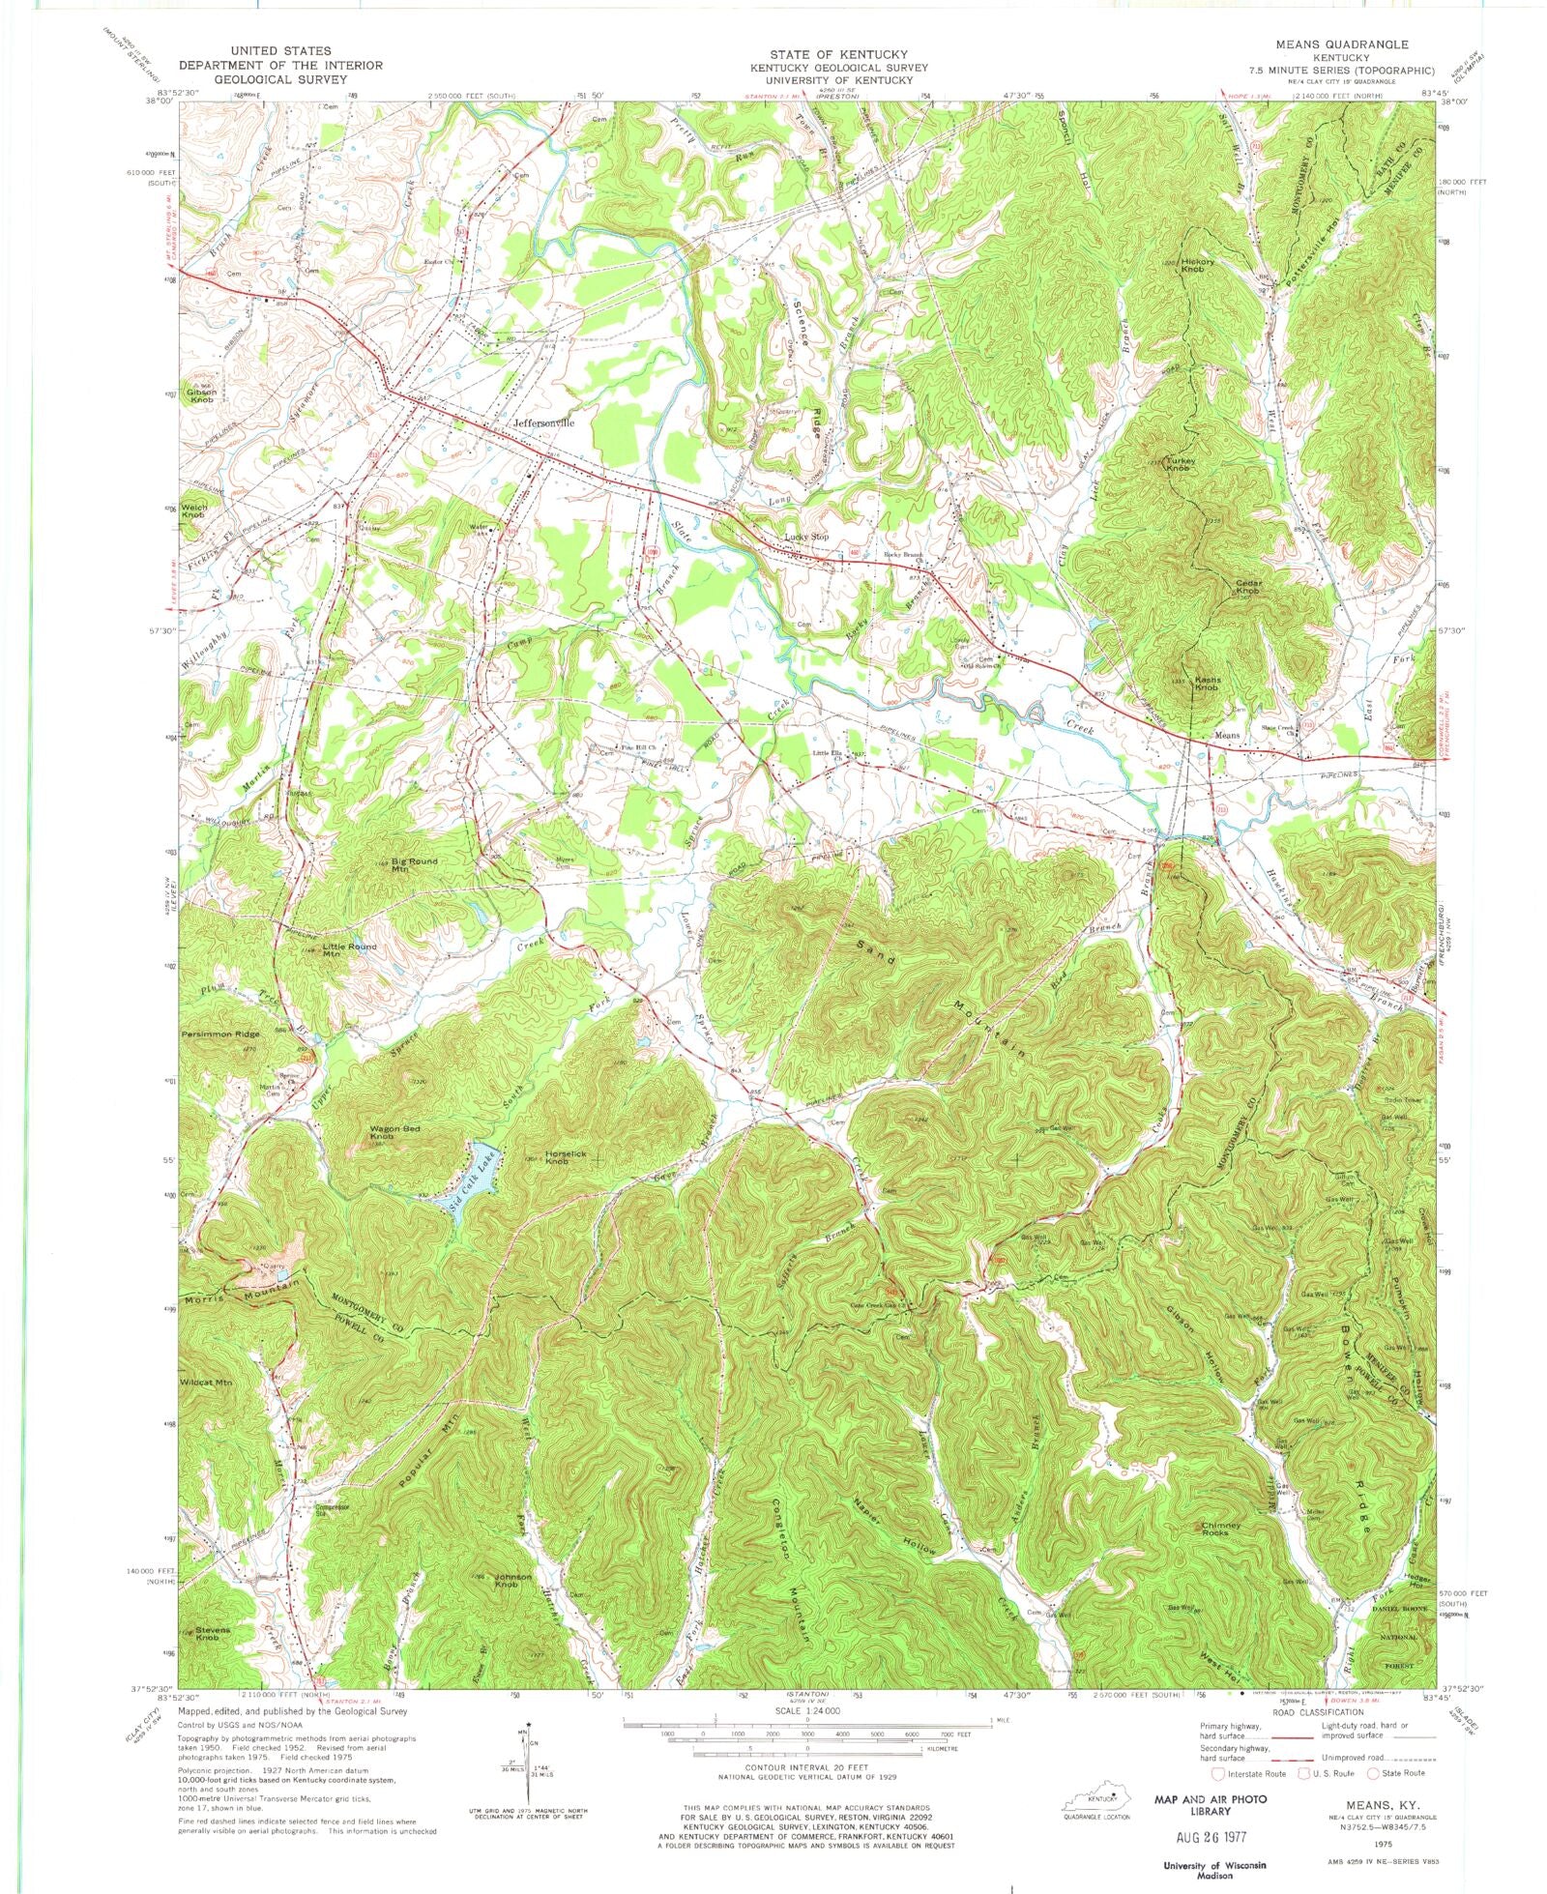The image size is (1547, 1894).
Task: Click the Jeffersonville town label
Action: (543, 423)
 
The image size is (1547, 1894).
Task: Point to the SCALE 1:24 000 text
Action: (806, 1710)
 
